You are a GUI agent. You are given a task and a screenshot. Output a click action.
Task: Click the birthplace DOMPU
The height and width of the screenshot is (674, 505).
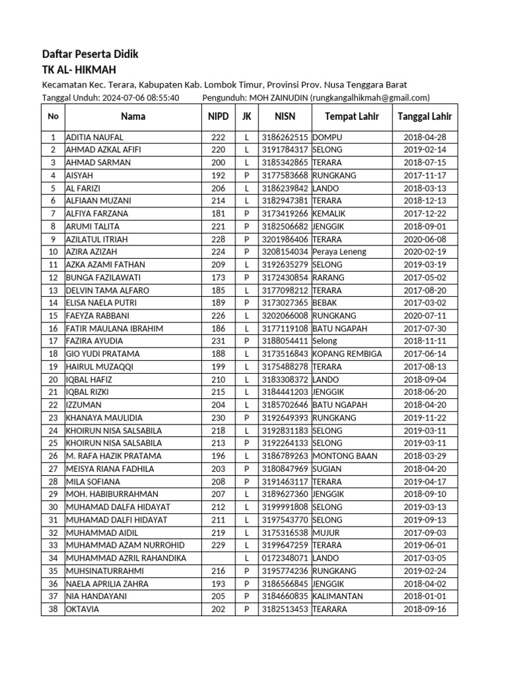click(327, 137)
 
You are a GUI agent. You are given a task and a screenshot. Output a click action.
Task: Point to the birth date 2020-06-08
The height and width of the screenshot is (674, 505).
click(425, 239)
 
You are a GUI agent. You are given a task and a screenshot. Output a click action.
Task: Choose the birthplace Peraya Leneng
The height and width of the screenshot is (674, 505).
click(339, 251)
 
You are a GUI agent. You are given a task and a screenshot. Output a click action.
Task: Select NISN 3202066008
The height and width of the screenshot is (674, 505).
click(285, 315)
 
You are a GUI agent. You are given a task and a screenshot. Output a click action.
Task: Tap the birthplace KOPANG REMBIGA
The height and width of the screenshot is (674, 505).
click(347, 353)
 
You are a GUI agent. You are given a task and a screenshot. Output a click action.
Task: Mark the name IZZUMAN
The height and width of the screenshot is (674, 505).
click(84, 405)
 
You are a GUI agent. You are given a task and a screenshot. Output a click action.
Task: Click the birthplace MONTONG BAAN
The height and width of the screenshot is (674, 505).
click(345, 455)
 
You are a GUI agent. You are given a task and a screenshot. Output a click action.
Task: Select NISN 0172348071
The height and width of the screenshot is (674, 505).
click(285, 557)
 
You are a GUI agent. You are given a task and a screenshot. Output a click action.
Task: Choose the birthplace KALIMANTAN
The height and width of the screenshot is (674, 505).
click(339, 596)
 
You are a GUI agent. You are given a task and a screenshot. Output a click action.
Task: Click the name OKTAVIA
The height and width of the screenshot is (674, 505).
click(82, 609)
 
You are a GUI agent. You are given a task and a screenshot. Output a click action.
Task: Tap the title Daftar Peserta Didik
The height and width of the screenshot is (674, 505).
click(90, 54)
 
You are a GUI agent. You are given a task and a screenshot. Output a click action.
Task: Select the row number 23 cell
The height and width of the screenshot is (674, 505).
click(53, 417)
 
